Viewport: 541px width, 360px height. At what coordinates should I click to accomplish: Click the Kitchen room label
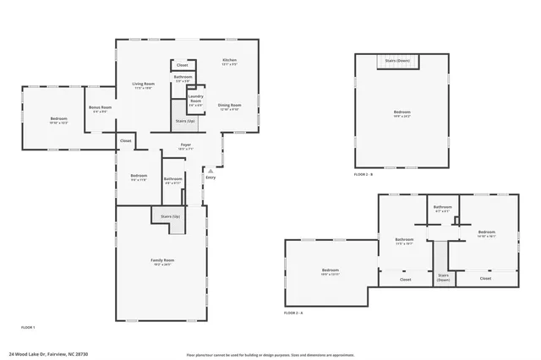[x=229, y=61]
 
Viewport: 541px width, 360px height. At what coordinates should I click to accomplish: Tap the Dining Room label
[x=230, y=106]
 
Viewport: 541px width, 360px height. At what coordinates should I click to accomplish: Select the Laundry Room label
[x=195, y=99]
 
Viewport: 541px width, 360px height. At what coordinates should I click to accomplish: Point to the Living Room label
[x=143, y=85]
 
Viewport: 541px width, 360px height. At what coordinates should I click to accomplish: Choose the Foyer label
[x=186, y=145]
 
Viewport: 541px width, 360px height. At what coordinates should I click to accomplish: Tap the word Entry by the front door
[x=210, y=177]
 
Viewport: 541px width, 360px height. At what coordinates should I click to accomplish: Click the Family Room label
[x=162, y=260]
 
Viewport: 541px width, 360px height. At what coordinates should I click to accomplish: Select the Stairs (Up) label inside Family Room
[x=170, y=216]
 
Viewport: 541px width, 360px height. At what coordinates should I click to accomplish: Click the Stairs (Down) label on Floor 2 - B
[x=397, y=61]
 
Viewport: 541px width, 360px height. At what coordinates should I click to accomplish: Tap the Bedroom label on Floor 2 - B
[x=402, y=113]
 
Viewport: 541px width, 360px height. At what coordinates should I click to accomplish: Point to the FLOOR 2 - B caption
[x=363, y=174]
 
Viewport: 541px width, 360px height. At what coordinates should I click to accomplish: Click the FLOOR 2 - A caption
[x=293, y=313]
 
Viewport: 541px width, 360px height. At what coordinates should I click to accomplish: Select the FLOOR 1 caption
[x=28, y=326]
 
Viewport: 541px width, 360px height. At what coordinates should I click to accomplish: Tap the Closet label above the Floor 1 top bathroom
[x=182, y=65]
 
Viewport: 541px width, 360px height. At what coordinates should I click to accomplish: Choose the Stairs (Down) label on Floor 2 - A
[x=443, y=277]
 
